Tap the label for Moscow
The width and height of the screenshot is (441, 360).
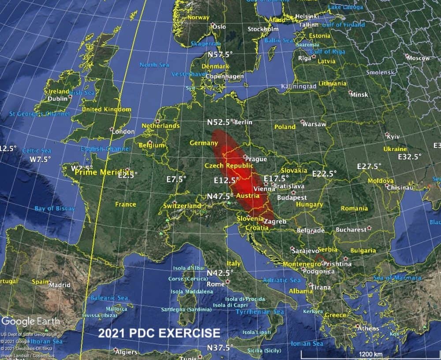tap(418, 58)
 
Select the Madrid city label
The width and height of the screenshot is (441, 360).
tap(60, 285)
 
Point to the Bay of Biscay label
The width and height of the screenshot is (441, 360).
tap(55, 208)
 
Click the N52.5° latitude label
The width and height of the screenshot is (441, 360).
tap(220, 122)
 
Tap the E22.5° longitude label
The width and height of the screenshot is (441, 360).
tap(324, 174)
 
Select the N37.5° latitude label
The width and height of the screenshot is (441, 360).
tap(220, 347)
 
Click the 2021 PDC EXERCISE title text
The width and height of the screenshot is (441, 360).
tap(159, 333)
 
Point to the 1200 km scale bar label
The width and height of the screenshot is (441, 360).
tap(371, 354)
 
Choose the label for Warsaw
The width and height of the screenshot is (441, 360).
tap(316, 124)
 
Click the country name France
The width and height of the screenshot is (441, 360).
tap(126, 204)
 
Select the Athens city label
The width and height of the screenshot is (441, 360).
tap(368, 328)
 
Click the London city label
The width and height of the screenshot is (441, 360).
tap(123, 131)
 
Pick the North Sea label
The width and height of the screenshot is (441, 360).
tap(154, 65)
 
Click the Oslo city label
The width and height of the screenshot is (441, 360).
tap(219, 26)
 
